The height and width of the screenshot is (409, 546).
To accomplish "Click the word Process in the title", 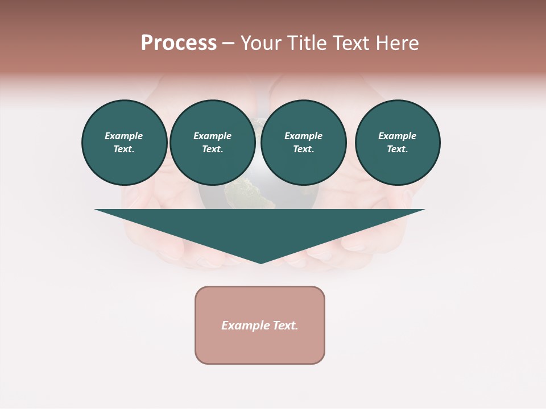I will tap(179, 43).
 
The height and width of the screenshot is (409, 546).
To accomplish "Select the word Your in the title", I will tap(260, 43).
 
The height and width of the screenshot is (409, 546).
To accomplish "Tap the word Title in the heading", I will tap(307, 43).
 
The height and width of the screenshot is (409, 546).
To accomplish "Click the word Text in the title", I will tap(353, 43).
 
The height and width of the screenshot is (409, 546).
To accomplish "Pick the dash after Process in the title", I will tap(228, 44).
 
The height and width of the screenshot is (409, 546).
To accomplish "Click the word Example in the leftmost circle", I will tap(124, 136).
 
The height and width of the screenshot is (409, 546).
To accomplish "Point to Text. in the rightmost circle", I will tap(397, 149).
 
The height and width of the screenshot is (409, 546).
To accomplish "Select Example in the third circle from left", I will tap(303, 136).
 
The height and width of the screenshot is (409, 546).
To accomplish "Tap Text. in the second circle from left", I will tap(212, 149).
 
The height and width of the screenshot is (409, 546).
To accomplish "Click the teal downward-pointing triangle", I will tap(260, 227).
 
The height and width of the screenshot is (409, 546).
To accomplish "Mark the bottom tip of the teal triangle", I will tap(260, 262).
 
